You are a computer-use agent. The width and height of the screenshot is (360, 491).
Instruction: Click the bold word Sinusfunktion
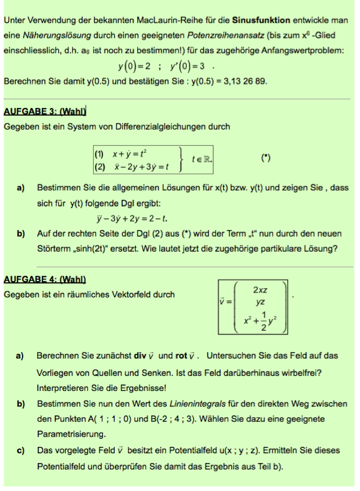261,20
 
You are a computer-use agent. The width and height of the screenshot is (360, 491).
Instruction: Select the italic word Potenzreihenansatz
223,35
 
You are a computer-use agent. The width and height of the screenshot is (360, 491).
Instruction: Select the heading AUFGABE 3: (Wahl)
45,112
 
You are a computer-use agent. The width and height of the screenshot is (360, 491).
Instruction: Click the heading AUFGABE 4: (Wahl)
45,280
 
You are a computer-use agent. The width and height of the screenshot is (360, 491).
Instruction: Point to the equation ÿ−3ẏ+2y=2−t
132,218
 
